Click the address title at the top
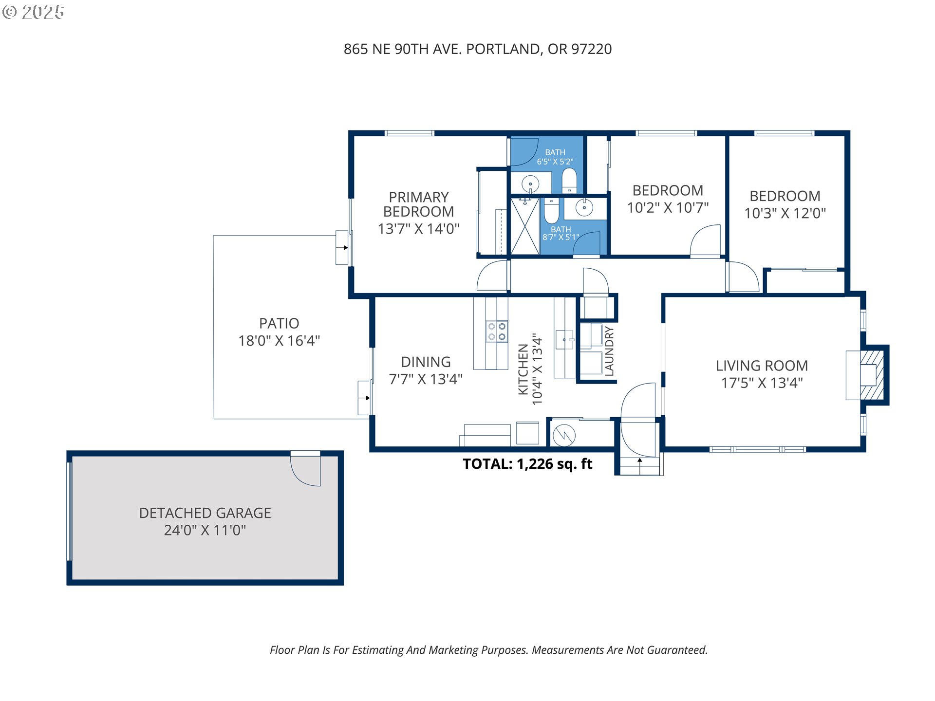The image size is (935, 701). coord(478,49)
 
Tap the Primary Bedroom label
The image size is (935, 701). coord(419,204)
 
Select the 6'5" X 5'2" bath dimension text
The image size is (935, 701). coord(555,162)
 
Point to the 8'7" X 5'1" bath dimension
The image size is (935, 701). coord(561,238)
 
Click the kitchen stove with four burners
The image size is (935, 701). coord(497,332)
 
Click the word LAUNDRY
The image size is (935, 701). coord(609,351)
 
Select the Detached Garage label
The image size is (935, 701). coord(205,513)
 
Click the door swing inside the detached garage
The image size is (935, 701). coord(305,469)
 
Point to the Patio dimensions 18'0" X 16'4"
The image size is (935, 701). coord(279,341)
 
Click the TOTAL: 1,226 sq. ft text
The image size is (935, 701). coord(527,464)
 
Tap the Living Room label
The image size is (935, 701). coord(762,366)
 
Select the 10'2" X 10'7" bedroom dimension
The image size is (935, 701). coord(668,208)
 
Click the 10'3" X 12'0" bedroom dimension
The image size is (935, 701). coord(785,213)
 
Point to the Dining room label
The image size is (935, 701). coord(426,362)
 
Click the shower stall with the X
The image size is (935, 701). coord(524,226)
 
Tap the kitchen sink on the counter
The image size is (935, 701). coord(564,340)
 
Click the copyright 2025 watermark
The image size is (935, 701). coord(33,12)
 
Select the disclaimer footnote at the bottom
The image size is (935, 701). coord(488,650)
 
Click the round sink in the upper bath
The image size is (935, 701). coord(530,184)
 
